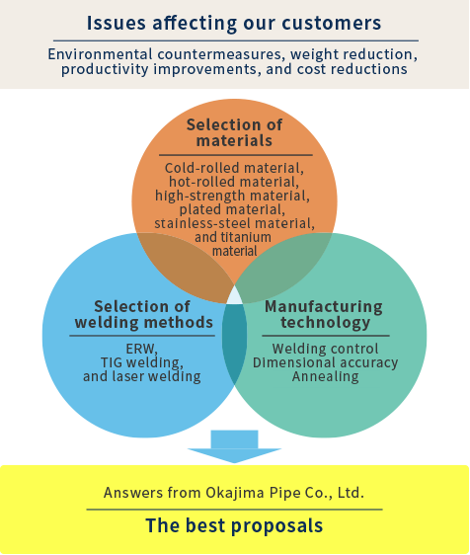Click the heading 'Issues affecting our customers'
coord(234,24)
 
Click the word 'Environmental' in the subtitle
coord(100,54)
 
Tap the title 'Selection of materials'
coord(234,132)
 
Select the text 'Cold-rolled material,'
coord(234,168)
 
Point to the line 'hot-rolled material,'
coord(234,182)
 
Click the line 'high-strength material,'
coord(232,196)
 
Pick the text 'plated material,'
coord(232,209)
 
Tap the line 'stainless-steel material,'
coord(234,223)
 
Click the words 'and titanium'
coord(233,237)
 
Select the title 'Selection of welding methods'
coord(144,314)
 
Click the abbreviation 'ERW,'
coord(142,349)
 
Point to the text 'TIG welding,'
coord(142,362)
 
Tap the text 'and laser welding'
coord(142,376)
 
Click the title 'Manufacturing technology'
coord(324,314)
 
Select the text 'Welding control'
coord(325,349)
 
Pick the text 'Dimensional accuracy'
coord(325,362)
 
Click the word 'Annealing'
coord(325,376)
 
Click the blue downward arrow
coord(234,446)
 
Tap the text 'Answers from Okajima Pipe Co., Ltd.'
coord(234,493)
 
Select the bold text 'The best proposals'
coord(234,525)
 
